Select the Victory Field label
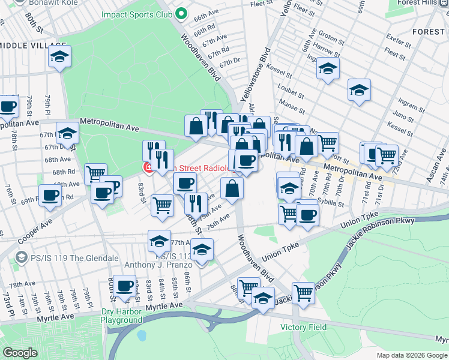(x=304, y=328)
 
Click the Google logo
(x=19, y=353)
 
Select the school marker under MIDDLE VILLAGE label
(x=59, y=57)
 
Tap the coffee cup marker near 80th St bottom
(x=125, y=286)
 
